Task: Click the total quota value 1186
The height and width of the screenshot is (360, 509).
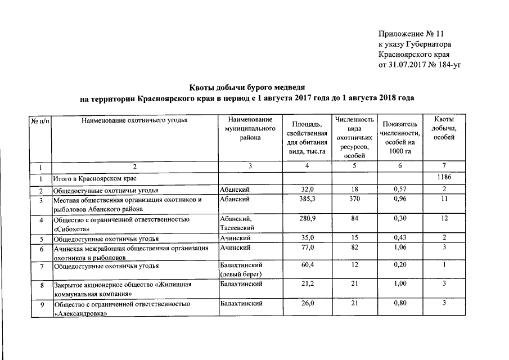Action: coord(444,178)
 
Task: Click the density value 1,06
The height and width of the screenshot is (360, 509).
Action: coord(400,247)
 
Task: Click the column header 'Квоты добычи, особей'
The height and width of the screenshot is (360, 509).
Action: coord(444,129)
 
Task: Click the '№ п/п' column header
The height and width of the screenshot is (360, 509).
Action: coord(39,120)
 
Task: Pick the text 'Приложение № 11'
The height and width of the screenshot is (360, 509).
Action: coord(407,34)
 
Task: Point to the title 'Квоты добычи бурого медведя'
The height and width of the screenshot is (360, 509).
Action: coord(246,87)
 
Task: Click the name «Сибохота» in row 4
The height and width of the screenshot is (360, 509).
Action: coord(72,228)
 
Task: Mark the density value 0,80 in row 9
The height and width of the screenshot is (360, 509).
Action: coord(400,304)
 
